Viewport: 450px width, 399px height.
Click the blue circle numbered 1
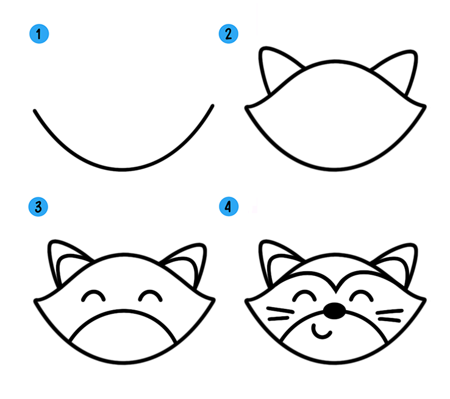[39, 34]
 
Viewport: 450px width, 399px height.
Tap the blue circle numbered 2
[229, 34]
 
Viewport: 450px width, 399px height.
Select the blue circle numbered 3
[38, 207]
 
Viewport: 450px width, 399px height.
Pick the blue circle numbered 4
[229, 207]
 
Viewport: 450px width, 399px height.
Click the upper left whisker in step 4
[280, 310]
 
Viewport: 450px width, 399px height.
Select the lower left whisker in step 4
[279, 318]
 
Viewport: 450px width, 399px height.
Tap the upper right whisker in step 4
[390, 311]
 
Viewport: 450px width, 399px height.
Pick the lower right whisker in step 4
[390, 319]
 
